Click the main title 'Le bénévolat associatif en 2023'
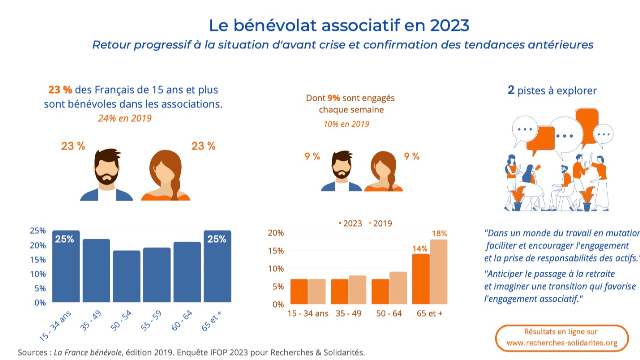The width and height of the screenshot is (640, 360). point(320,23)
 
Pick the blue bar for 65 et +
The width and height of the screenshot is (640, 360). point(217,267)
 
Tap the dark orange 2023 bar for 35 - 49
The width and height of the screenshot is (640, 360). point(339,290)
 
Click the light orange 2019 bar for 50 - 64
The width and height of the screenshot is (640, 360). point(398,287)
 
